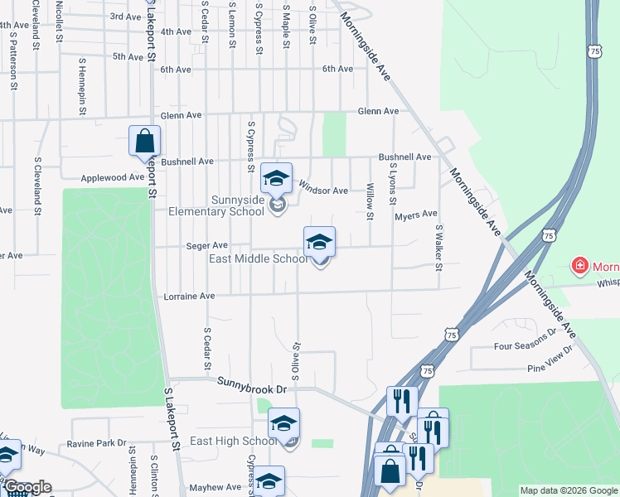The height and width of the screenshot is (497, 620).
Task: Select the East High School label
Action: (x=234, y=441)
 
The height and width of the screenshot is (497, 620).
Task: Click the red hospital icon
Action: (x=581, y=266)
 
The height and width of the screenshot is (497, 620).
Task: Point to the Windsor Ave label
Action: (x=323, y=191)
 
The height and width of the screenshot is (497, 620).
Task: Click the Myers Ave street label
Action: (x=415, y=215)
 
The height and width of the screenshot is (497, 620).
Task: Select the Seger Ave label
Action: (x=207, y=245)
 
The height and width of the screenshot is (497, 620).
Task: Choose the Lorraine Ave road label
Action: (x=189, y=296)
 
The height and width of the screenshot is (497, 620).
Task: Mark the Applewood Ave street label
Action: (x=113, y=177)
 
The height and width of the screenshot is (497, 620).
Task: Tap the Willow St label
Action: (x=371, y=196)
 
